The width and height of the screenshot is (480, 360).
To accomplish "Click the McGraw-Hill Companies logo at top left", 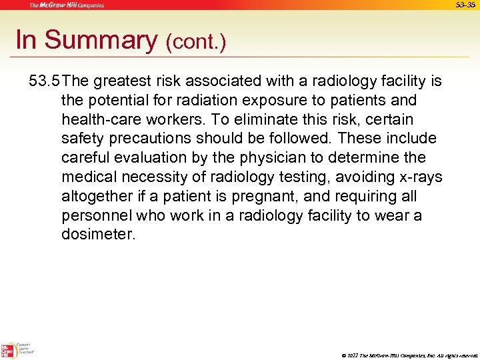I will (67, 5).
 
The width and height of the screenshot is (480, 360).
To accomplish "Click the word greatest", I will (127, 81).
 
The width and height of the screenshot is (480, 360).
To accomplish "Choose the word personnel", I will (96, 216).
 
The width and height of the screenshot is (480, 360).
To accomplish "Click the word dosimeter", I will (98, 235).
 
